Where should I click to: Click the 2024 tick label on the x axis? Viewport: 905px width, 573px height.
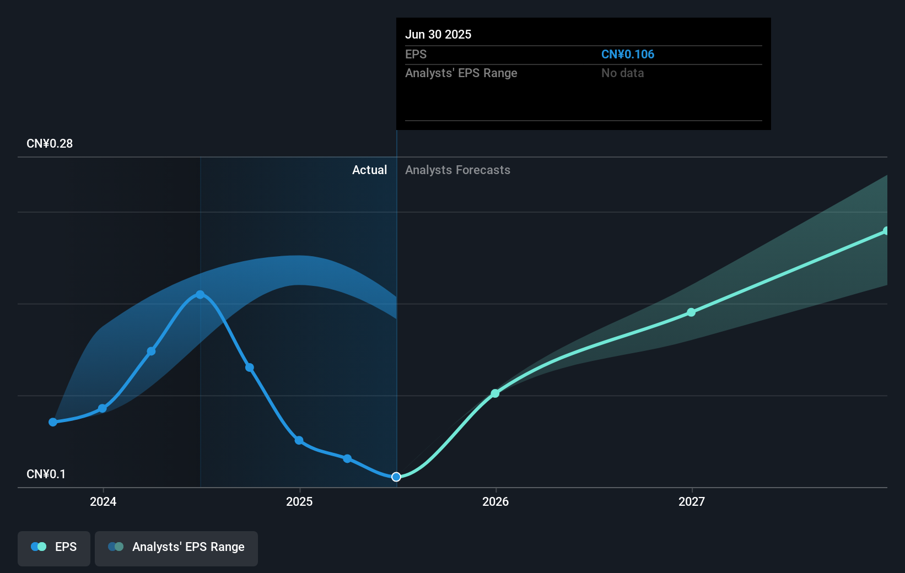click(x=103, y=501)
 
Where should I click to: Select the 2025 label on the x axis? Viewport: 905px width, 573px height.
click(x=299, y=501)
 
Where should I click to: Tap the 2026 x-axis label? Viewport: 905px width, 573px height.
click(x=495, y=501)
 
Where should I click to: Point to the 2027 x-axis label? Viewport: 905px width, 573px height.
click(x=692, y=501)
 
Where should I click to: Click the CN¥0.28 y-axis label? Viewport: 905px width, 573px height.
click(x=50, y=144)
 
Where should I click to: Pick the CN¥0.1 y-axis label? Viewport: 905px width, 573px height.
click(x=46, y=474)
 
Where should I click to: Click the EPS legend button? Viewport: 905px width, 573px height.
click(x=54, y=547)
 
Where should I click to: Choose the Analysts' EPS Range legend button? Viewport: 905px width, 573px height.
click(x=176, y=547)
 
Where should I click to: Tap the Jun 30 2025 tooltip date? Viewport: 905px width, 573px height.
click(x=438, y=35)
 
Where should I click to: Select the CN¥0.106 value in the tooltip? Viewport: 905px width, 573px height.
click(x=627, y=55)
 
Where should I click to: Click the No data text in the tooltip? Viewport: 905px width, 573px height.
click(x=622, y=73)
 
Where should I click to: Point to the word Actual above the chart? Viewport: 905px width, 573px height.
click(x=369, y=170)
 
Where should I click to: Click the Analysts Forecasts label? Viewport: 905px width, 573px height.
click(x=457, y=170)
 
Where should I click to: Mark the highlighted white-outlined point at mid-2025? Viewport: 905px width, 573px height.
click(x=396, y=477)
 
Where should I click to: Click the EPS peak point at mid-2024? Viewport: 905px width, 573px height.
click(x=200, y=295)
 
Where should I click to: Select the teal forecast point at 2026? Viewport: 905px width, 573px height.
click(x=495, y=393)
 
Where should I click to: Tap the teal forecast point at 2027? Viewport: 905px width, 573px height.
click(x=691, y=312)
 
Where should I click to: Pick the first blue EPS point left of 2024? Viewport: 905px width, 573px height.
click(x=53, y=422)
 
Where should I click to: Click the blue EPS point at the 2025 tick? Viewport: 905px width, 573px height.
click(x=299, y=440)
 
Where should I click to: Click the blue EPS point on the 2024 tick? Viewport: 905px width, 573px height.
click(x=103, y=408)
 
